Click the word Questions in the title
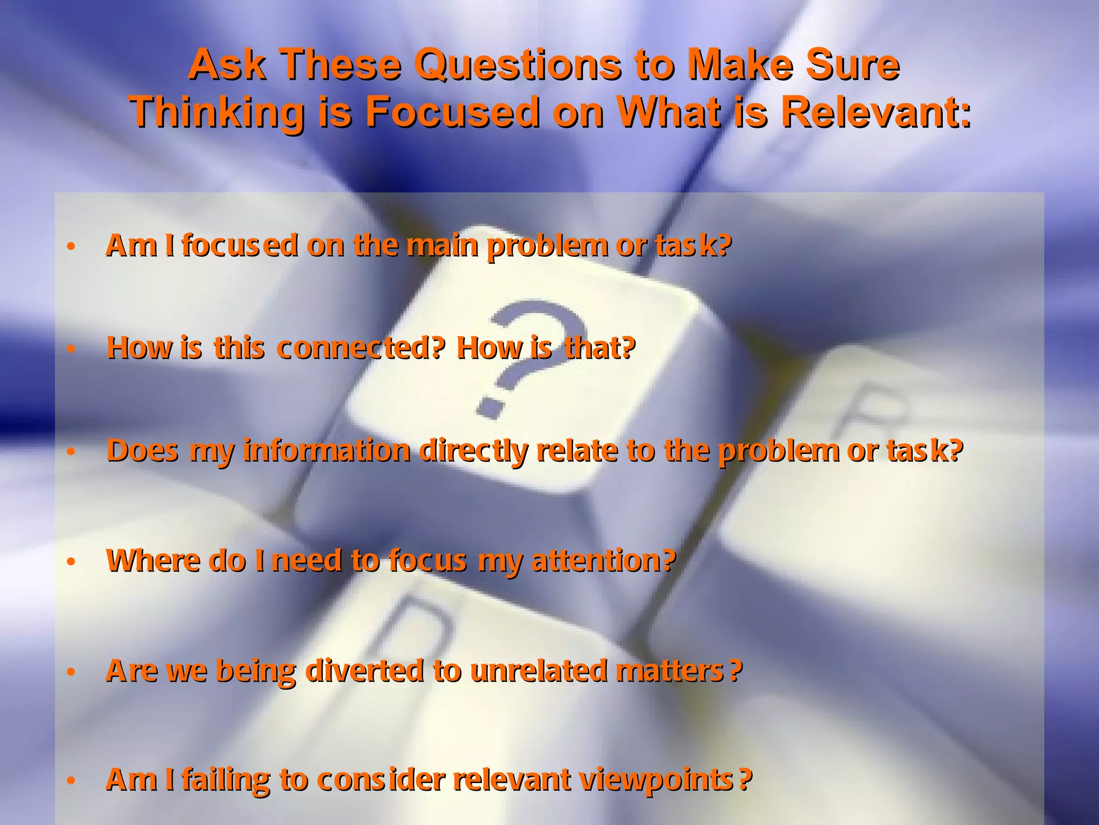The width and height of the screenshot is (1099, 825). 517,66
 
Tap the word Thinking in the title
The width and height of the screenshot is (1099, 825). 217,113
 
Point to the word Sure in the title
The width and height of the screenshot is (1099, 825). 852,66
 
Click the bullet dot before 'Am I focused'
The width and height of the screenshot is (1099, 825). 71,247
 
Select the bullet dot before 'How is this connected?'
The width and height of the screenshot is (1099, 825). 71,349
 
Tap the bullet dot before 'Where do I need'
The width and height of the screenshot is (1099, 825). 71,562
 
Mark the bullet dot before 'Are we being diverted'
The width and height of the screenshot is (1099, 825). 71,672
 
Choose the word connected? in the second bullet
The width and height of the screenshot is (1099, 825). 361,348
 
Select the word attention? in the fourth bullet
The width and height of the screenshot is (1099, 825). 603,561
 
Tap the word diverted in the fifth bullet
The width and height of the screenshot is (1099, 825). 365,671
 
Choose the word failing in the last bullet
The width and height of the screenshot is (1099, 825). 226,780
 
